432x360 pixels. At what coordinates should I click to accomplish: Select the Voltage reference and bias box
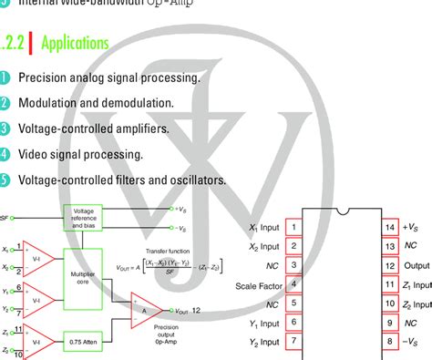(x=83, y=217)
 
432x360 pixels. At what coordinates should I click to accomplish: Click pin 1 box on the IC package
(x=293, y=227)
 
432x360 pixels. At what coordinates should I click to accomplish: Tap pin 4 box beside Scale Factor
(x=293, y=283)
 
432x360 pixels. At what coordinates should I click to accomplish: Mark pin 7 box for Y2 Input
(x=293, y=341)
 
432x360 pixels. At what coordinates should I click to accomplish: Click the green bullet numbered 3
(x=5, y=129)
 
